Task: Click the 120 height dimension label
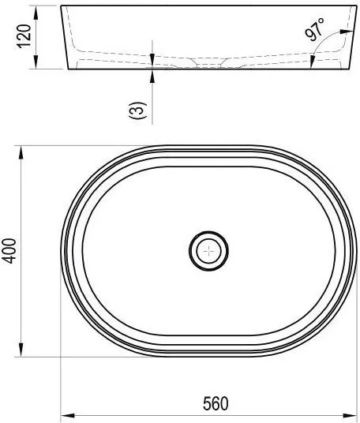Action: tap(24, 36)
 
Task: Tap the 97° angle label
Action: tap(315, 29)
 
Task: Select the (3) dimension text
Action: tap(138, 110)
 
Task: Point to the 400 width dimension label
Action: tap(9, 251)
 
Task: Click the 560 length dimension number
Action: tap(216, 403)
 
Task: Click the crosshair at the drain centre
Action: tap(209, 251)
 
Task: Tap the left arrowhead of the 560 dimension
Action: tap(67, 415)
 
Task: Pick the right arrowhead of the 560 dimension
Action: tap(350, 415)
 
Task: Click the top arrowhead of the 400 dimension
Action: tap(21, 152)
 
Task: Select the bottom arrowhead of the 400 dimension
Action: tap(21, 350)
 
